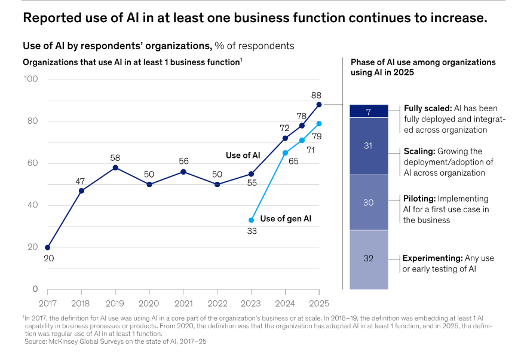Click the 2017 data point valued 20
click(48, 247)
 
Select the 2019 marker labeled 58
click(115, 167)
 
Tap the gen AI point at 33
click(251, 220)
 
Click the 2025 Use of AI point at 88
click(319, 104)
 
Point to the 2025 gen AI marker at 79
click(319, 123)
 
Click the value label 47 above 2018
click(81, 180)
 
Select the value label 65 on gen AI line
click(294, 161)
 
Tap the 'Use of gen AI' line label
click(286, 219)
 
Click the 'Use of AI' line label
click(243, 155)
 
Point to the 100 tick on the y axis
click(31, 79)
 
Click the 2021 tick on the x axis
click(183, 303)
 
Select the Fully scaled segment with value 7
click(368, 111)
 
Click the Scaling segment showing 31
click(368, 147)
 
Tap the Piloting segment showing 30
click(368, 202)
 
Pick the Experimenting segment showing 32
click(368, 259)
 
